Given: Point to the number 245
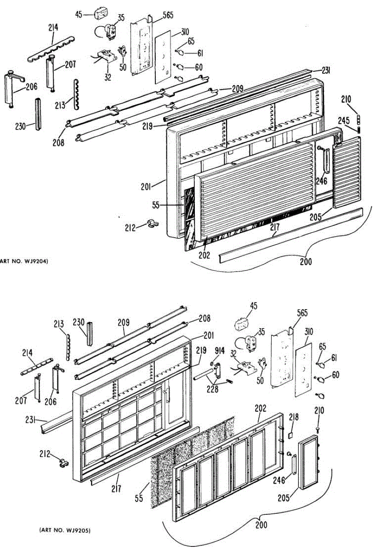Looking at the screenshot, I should pyautogui.click(x=344, y=121).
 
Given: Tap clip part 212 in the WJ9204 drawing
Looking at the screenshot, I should pyautogui.click(x=149, y=225).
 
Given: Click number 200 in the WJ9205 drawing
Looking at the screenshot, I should pyautogui.click(x=261, y=524).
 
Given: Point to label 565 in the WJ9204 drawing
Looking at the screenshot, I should pyautogui.click(x=167, y=15).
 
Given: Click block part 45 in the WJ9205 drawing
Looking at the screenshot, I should pyautogui.click(x=242, y=322).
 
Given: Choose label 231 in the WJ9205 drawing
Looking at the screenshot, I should pyautogui.click(x=31, y=419).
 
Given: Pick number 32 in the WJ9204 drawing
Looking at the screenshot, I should pyautogui.click(x=108, y=77).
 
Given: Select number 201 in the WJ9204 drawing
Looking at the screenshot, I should pyautogui.click(x=146, y=186).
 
